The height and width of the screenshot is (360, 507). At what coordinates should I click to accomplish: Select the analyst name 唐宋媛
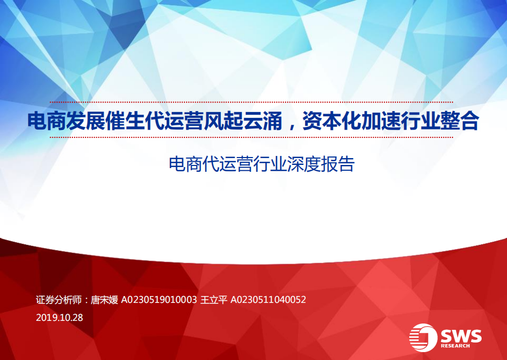(104, 300)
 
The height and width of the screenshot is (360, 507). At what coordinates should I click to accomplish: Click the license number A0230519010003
(159, 300)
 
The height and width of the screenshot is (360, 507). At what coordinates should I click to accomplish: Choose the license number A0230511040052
(268, 300)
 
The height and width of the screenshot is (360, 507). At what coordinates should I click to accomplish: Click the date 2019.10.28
(60, 318)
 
